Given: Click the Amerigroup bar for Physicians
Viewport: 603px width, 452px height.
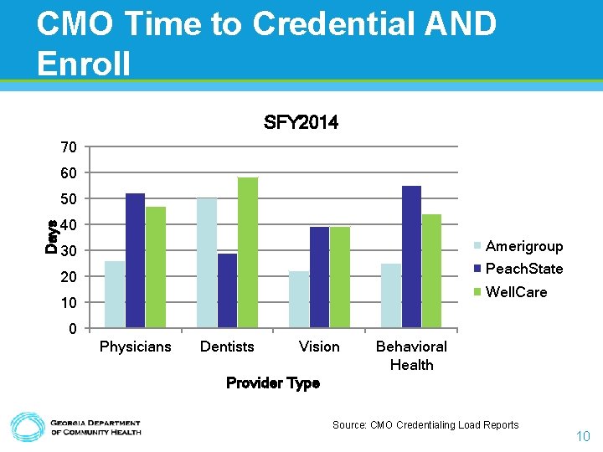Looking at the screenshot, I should click(x=115, y=294).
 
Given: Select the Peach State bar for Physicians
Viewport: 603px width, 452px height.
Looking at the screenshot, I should click(x=135, y=260).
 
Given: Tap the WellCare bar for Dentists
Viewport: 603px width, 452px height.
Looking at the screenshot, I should click(x=247, y=252).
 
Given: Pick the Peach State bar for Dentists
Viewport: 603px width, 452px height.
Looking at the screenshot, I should click(x=227, y=290).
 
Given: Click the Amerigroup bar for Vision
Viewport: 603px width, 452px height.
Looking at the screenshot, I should click(x=299, y=299).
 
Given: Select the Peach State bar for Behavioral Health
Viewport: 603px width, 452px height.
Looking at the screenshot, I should click(x=411, y=256).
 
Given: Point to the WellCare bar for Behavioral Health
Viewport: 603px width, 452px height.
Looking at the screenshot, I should click(x=431, y=270).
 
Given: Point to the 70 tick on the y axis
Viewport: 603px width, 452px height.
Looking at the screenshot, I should click(x=69, y=147).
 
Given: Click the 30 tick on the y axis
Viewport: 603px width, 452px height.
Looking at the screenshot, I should click(x=69, y=251).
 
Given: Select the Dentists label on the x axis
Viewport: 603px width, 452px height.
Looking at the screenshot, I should click(x=227, y=347).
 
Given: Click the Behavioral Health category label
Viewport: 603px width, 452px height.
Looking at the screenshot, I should click(x=411, y=356).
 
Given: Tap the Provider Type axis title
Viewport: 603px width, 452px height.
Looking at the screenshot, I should click(x=273, y=383).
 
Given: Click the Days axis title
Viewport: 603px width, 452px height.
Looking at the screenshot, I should click(x=52, y=237).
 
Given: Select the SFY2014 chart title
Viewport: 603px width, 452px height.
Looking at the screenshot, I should click(x=301, y=123).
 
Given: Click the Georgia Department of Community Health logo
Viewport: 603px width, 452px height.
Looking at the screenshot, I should click(x=75, y=427).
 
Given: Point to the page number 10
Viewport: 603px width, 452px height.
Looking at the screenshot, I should click(x=583, y=436).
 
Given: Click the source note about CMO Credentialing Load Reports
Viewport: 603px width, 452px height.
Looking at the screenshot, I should click(x=425, y=425).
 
